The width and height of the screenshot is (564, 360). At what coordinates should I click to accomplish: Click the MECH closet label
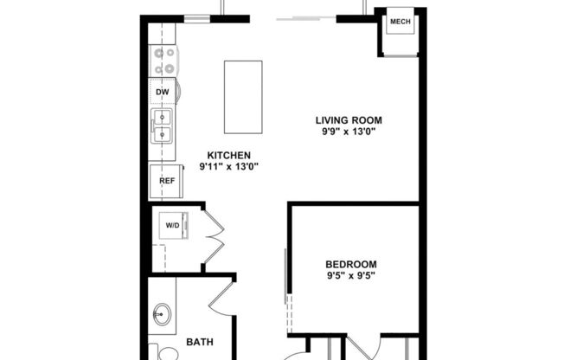click(x=400, y=22)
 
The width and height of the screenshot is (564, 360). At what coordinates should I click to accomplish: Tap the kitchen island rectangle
click(x=243, y=97)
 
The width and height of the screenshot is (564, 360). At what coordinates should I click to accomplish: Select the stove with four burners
click(x=163, y=61)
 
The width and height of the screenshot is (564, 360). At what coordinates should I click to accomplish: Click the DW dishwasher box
click(x=163, y=92)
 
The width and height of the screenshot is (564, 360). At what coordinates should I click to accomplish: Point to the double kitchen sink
click(x=163, y=125)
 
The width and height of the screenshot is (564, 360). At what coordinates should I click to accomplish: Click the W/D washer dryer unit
click(x=172, y=226)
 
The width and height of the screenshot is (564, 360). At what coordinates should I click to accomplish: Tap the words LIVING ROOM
click(x=349, y=120)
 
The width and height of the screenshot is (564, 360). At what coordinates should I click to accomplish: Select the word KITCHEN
click(x=228, y=155)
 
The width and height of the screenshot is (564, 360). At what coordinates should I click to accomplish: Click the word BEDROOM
click(x=351, y=264)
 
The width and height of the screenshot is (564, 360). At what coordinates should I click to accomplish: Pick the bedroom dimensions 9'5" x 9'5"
click(x=351, y=276)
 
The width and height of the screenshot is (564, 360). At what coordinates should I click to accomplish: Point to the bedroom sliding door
click(x=287, y=277)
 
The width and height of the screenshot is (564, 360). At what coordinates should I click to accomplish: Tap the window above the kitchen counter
click(x=198, y=17)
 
